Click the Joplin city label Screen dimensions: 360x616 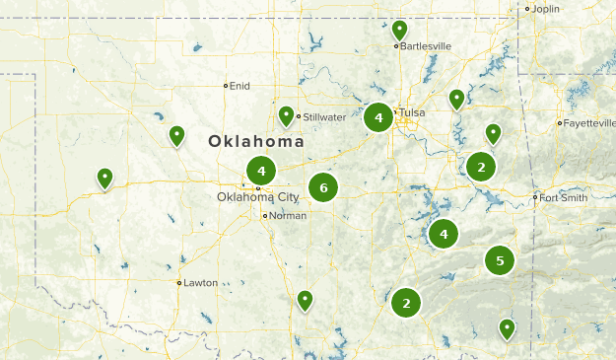[x=545, y=9]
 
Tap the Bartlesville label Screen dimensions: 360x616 [x=425, y=45]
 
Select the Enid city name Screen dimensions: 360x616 [x=240, y=86]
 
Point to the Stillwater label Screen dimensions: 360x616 [x=325, y=117]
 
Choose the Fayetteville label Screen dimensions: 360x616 [x=587, y=123]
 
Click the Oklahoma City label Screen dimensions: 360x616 [x=257, y=197]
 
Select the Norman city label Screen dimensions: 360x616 [x=287, y=216]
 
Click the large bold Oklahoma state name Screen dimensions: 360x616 [x=255, y=142]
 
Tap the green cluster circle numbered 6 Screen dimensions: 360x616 [x=323, y=186]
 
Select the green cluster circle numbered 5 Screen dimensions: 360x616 [x=500, y=260]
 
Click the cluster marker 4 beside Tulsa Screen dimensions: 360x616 [x=378, y=118]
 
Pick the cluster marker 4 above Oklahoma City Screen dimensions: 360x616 [x=260, y=170]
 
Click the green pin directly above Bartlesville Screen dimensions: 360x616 [x=399, y=31]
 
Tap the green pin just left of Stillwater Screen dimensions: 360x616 [x=286, y=116]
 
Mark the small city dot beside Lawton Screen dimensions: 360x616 [x=178, y=283]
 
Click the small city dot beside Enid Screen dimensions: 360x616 [x=226, y=86]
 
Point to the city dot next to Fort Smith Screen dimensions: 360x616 [x=535, y=197]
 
